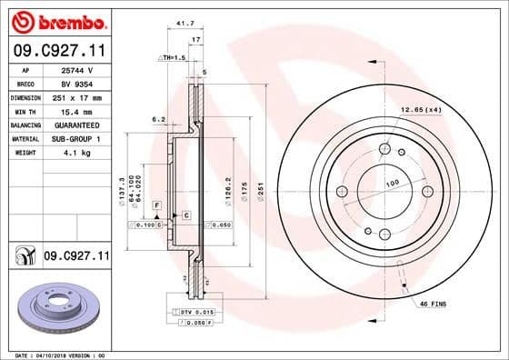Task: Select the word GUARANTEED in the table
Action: (x=78, y=125)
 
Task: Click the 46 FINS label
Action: (x=432, y=303)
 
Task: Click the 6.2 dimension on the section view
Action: (x=157, y=119)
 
